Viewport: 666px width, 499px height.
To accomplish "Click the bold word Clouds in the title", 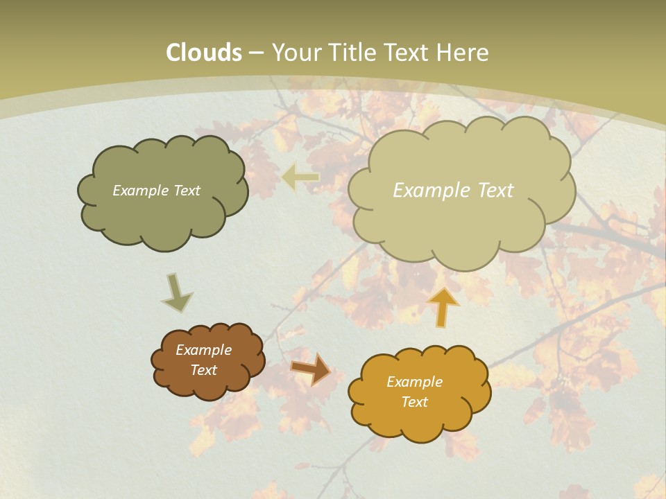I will click(x=203, y=53).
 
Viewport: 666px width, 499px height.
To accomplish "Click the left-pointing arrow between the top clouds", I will click(x=300, y=177).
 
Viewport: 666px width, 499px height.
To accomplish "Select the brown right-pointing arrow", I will click(x=310, y=368).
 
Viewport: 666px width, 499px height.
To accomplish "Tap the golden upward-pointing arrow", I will click(x=443, y=305).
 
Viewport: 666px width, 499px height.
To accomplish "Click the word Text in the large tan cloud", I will click(x=490, y=191).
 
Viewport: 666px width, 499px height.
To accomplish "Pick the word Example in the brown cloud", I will click(x=203, y=350).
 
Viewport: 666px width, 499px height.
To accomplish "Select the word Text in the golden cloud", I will click(x=414, y=402).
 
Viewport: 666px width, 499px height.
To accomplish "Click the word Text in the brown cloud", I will click(x=203, y=370).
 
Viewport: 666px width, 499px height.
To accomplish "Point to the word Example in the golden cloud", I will click(x=414, y=382).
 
